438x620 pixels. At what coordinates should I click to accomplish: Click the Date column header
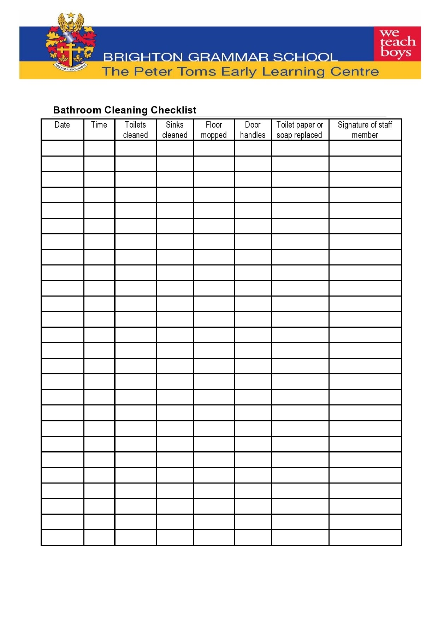(x=62, y=125)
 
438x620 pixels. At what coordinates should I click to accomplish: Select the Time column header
(x=99, y=125)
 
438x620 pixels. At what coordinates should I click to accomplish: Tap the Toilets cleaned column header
(x=135, y=130)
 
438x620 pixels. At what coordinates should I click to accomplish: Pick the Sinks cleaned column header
(x=174, y=130)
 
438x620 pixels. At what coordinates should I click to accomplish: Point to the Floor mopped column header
(x=214, y=130)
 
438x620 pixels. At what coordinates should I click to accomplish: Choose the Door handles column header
(x=253, y=130)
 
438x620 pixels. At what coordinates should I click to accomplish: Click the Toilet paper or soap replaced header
(x=300, y=130)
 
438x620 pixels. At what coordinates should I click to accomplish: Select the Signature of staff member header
(x=365, y=130)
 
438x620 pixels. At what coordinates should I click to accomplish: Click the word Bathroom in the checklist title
(x=77, y=110)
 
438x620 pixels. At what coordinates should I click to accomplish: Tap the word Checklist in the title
(x=173, y=110)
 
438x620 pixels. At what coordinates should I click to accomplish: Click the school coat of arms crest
(x=71, y=44)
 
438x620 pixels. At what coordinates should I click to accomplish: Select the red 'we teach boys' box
(x=397, y=43)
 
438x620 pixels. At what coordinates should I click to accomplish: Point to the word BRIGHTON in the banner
(x=143, y=57)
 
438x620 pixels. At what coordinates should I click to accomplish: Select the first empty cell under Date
(x=62, y=148)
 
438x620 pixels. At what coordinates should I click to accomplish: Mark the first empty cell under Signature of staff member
(x=365, y=148)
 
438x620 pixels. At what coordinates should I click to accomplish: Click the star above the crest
(x=71, y=15)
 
